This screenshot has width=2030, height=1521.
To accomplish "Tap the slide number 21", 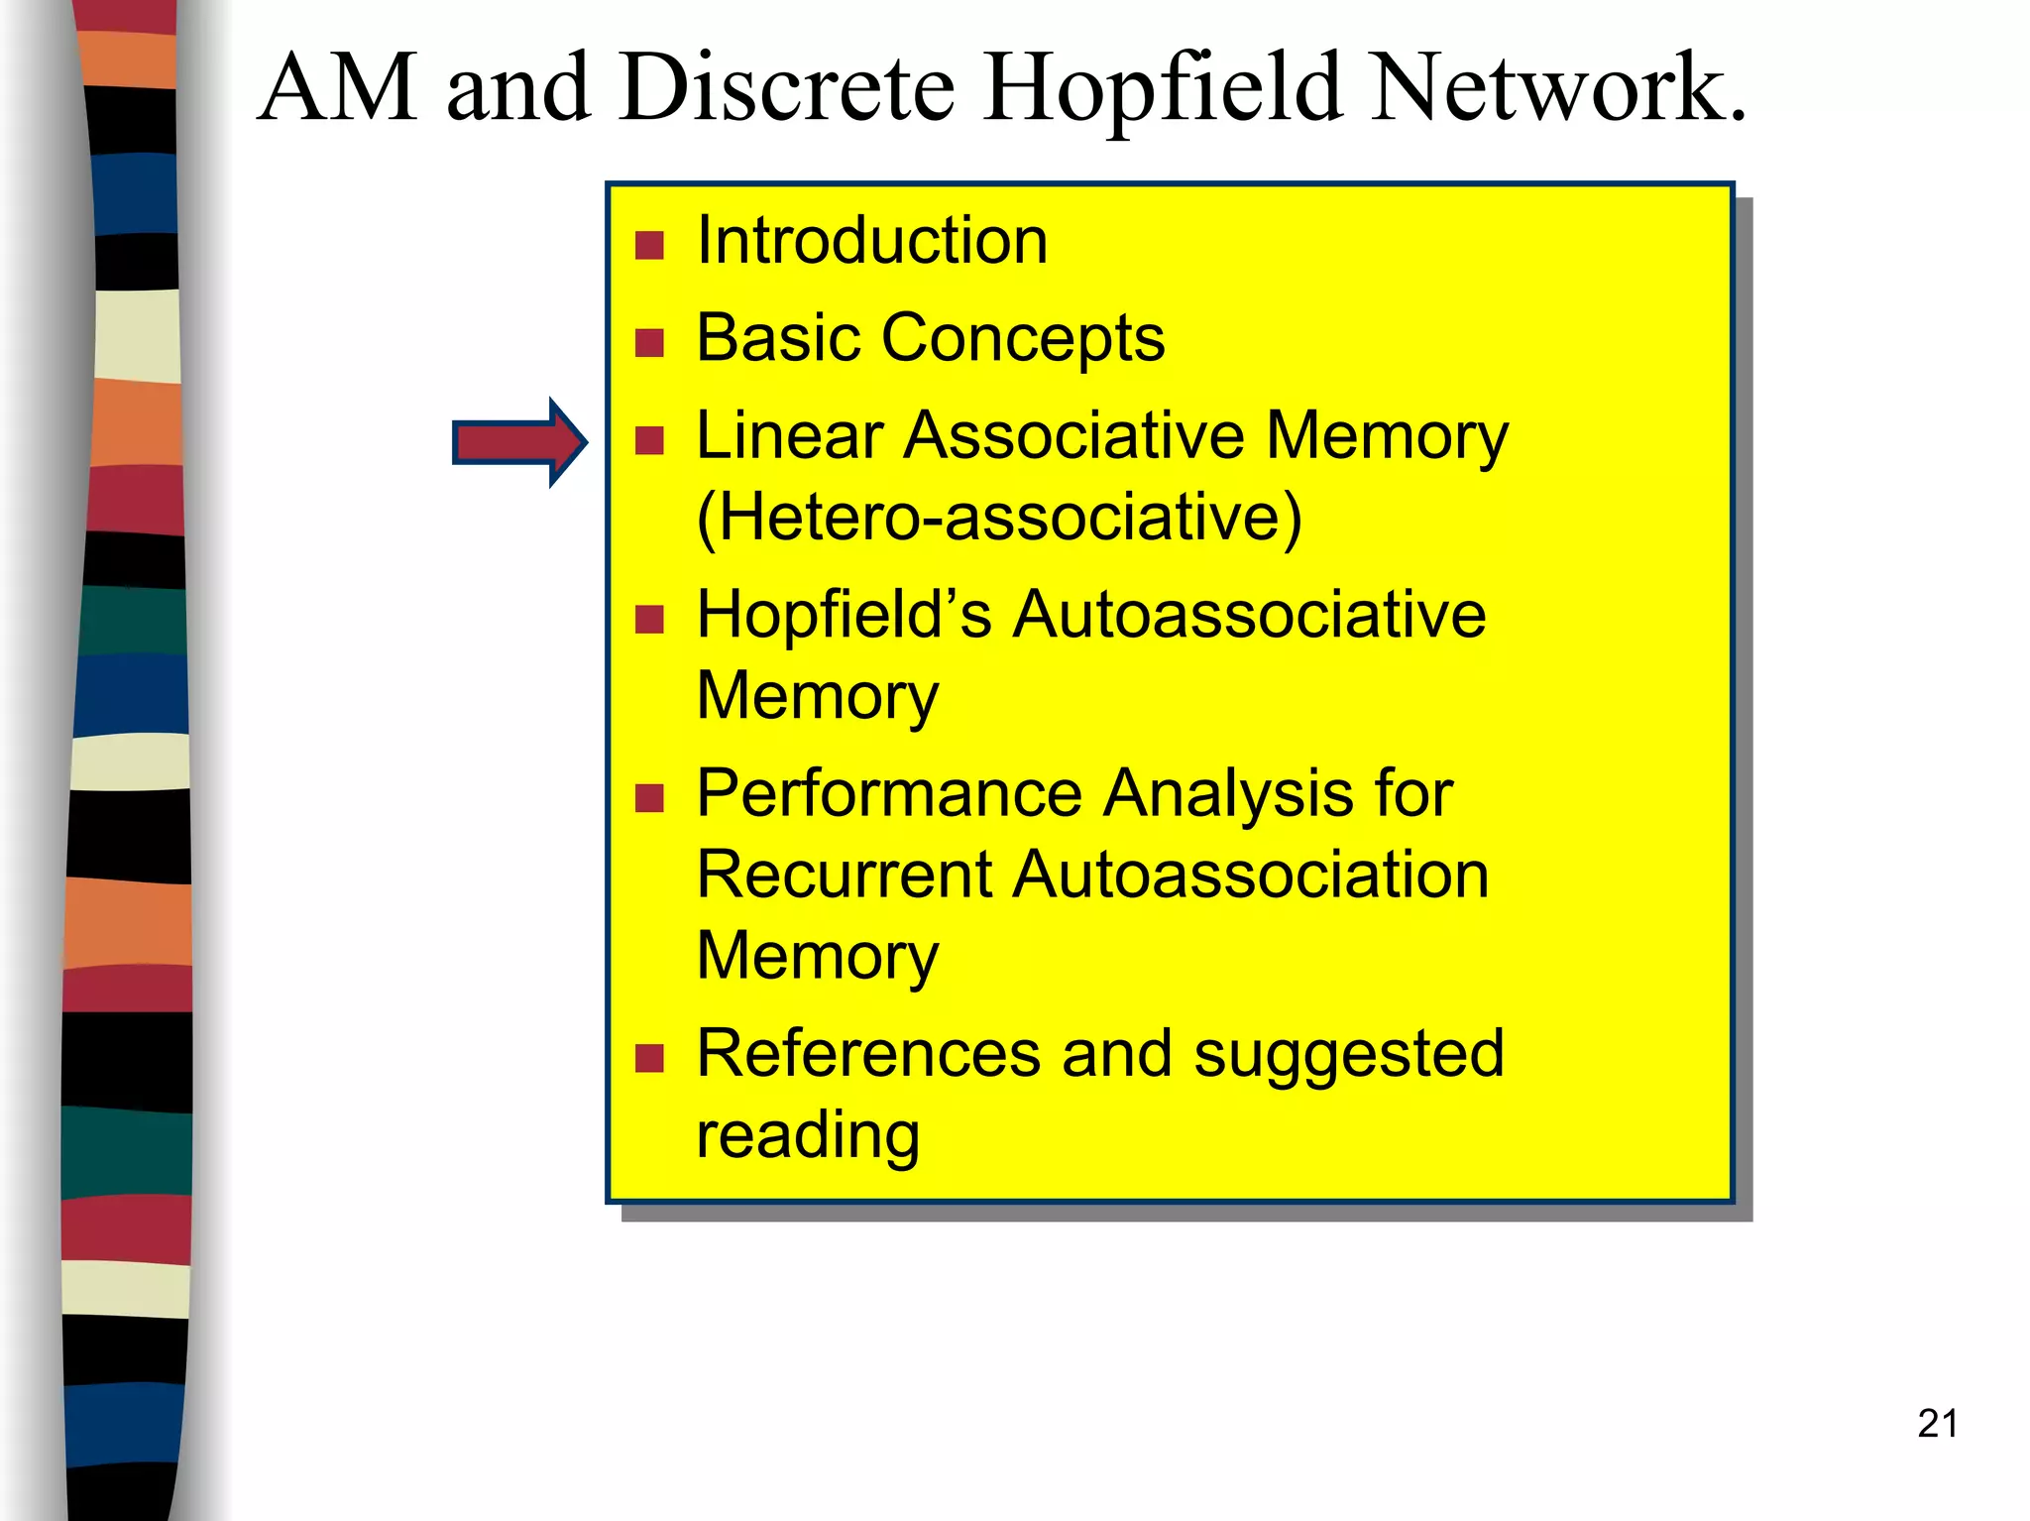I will (x=1937, y=1424).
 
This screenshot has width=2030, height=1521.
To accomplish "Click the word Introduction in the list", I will (x=871, y=241).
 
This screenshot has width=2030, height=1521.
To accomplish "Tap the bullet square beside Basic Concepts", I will (x=649, y=343).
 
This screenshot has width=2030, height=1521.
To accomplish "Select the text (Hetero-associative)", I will (x=999, y=517).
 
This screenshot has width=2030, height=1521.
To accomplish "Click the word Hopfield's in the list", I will (x=843, y=615).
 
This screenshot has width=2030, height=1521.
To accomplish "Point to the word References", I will (x=868, y=1053).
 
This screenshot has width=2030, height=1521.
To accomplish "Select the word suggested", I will (x=1349, y=1055).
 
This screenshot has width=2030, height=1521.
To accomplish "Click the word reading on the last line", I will (x=808, y=1135).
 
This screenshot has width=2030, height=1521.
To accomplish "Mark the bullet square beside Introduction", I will (x=649, y=245).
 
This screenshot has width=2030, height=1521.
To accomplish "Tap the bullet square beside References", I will (x=649, y=1059).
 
